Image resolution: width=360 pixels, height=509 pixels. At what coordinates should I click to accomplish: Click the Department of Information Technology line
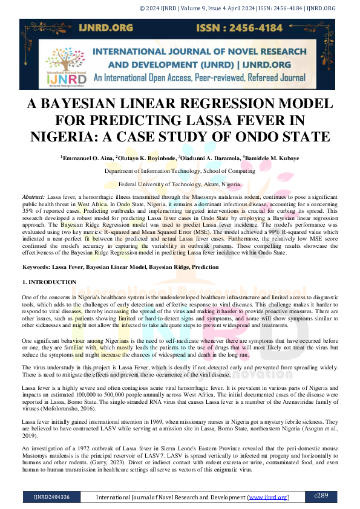180,171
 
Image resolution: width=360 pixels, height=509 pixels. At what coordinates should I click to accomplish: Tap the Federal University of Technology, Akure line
180,183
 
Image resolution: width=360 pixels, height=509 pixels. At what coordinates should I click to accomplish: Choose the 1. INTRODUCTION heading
49,282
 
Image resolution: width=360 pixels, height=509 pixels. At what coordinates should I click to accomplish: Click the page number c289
321,496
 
